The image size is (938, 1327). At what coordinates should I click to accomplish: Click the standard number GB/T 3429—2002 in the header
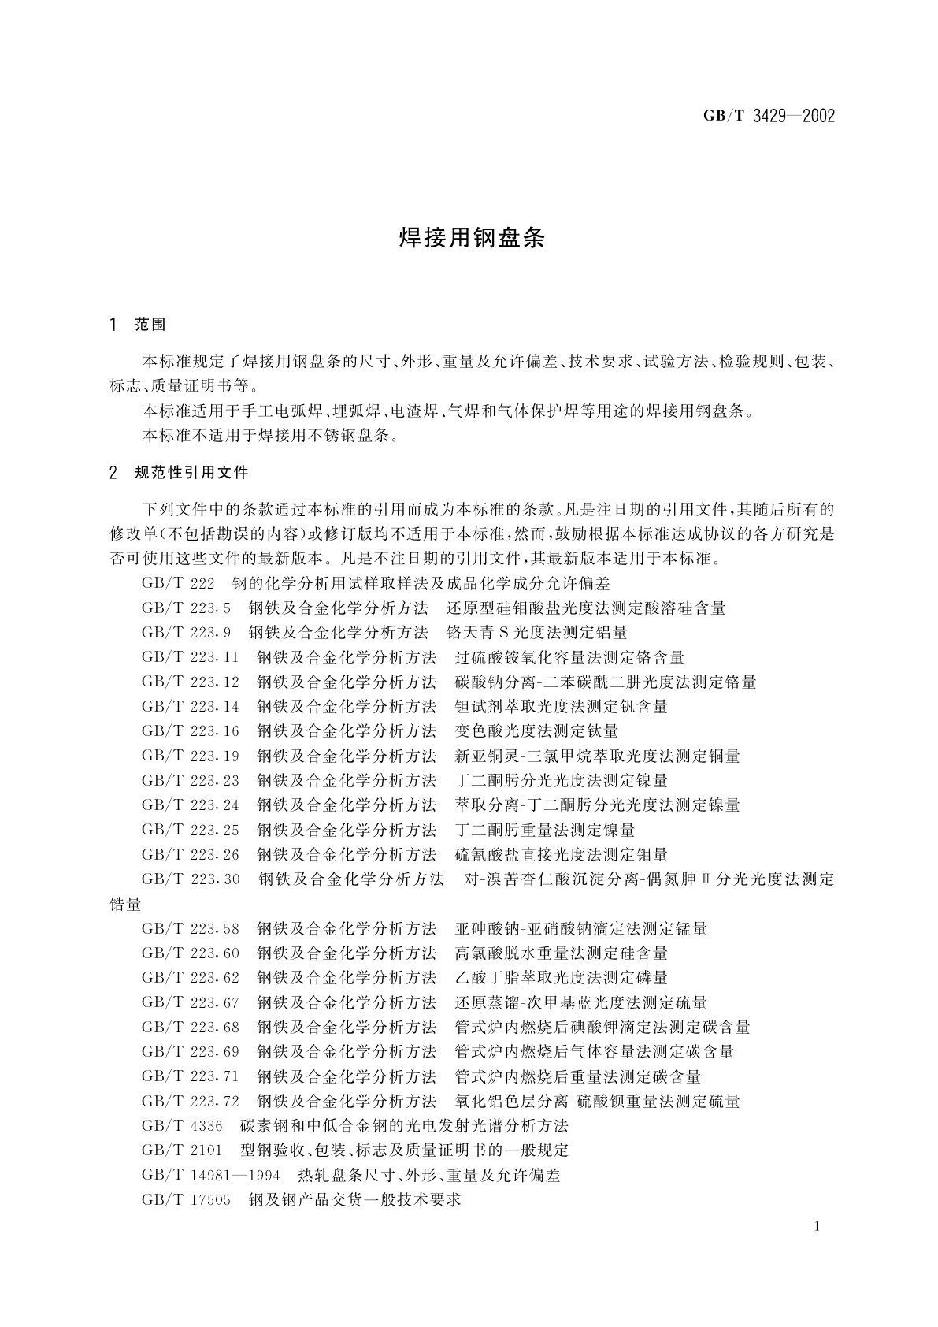click(768, 117)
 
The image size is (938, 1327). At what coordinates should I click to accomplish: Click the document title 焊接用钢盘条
click(472, 239)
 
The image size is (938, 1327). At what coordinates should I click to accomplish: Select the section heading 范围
click(150, 324)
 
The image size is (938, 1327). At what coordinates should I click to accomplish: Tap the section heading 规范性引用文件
click(191, 473)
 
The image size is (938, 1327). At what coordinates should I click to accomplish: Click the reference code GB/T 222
click(178, 584)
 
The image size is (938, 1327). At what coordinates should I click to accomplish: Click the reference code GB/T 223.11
click(190, 657)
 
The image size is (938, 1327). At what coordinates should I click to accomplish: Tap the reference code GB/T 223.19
click(190, 756)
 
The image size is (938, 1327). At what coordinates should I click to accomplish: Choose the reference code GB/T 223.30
click(191, 879)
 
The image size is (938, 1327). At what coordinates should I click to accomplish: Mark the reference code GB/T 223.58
click(190, 929)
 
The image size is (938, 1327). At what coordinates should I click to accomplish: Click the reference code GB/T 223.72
click(190, 1101)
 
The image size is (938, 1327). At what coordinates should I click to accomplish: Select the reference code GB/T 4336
click(182, 1125)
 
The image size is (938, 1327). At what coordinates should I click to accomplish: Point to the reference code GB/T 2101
click(182, 1150)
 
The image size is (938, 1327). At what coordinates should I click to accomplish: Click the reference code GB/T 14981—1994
click(211, 1175)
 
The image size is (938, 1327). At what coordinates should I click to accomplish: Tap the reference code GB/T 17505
click(186, 1200)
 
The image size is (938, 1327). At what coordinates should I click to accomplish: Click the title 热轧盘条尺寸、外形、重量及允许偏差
click(429, 1175)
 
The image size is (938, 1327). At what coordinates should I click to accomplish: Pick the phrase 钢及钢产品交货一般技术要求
click(354, 1200)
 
